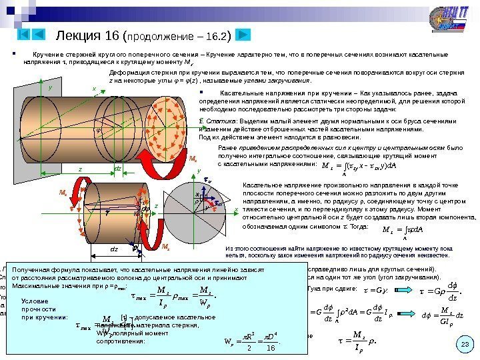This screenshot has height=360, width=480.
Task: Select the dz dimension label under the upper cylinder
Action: click(118, 169)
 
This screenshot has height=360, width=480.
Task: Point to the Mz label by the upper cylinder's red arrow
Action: click(193, 159)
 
